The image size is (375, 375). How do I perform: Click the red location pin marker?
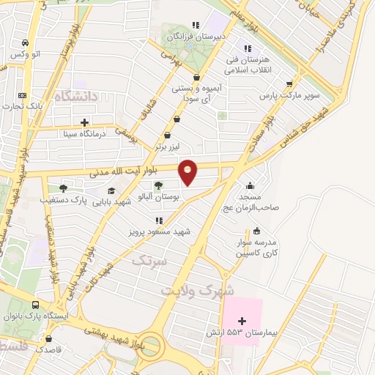pyautogui.click(x=188, y=171)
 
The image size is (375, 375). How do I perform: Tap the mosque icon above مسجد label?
pyautogui.click(x=250, y=185)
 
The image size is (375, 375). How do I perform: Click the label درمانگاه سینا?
pyautogui.click(x=83, y=134)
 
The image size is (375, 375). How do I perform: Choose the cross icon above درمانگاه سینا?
pyautogui.click(x=85, y=122)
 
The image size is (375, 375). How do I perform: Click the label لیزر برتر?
pyautogui.click(x=168, y=146)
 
